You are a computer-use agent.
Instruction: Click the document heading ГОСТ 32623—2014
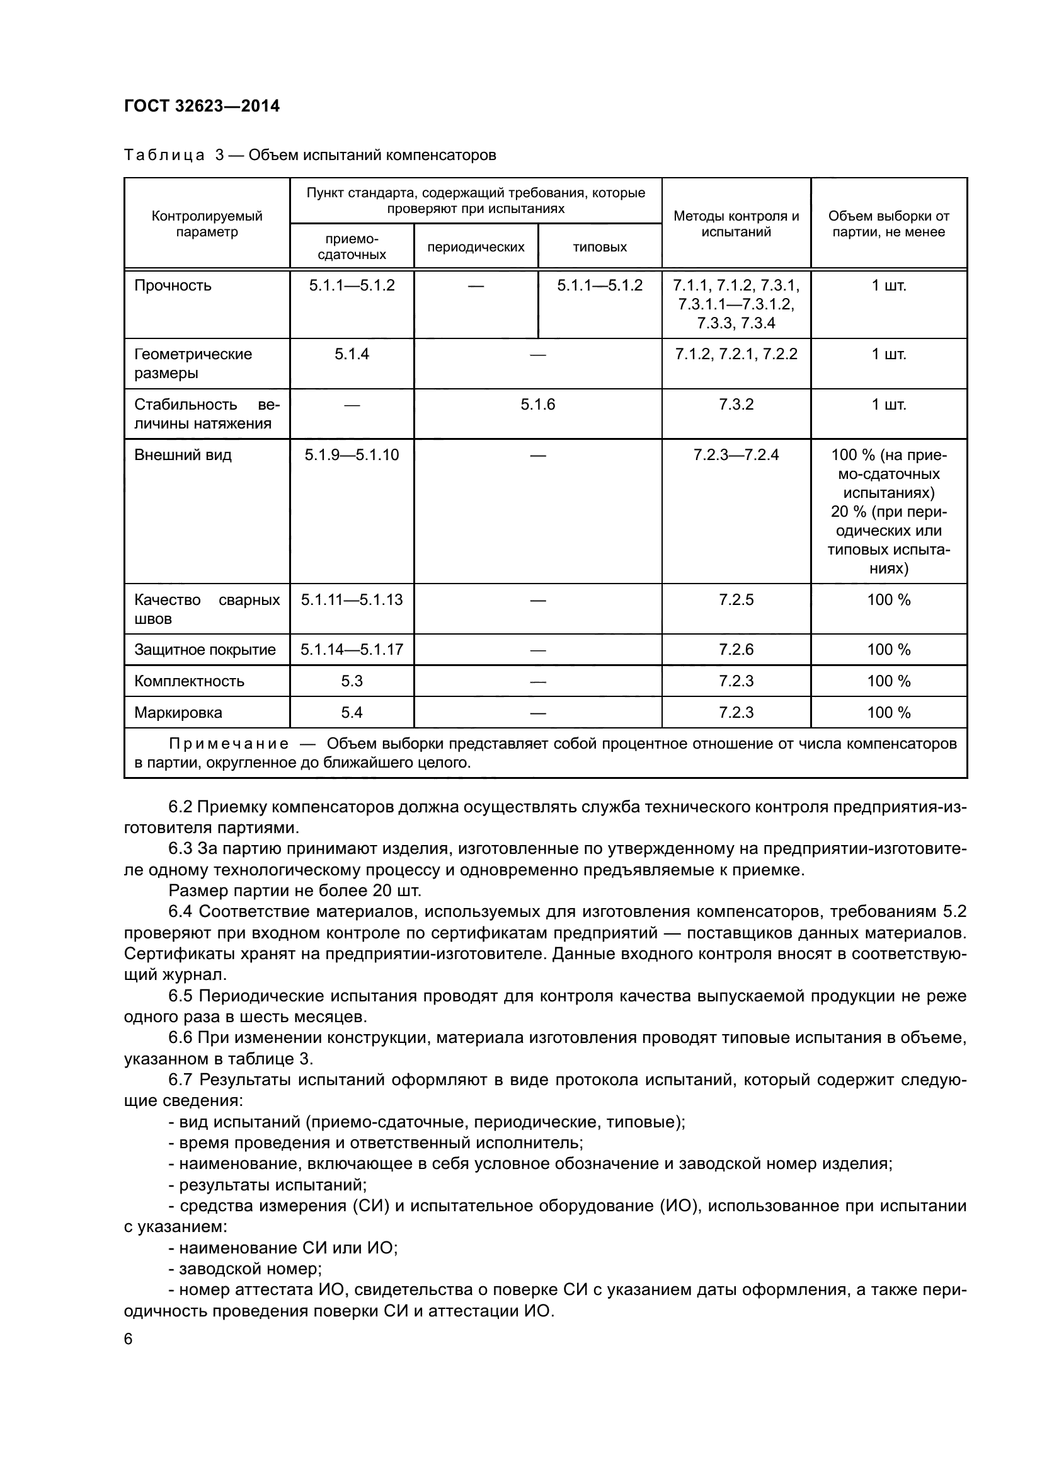coord(202,106)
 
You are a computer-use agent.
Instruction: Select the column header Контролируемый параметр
coord(207,224)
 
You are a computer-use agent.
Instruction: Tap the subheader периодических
coord(476,247)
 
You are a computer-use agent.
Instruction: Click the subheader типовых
coord(599,247)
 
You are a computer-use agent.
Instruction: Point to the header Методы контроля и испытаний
coord(736,224)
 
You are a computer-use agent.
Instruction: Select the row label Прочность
coord(173,285)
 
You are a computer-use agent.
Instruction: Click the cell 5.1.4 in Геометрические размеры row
coord(352,354)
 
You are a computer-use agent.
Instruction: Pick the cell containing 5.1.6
coord(537,405)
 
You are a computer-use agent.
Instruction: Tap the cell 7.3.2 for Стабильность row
coord(736,405)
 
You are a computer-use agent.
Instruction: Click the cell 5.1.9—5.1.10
coord(352,455)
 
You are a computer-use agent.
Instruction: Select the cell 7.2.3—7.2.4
coord(736,455)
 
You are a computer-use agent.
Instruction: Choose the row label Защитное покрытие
coord(205,650)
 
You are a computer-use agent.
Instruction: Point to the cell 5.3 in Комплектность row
coord(352,681)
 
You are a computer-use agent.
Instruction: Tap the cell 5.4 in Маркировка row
coord(352,713)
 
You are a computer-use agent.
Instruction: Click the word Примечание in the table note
coord(229,744)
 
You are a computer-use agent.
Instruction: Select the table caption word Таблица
coord(164,156)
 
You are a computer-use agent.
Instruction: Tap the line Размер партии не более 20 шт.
coord(294,890)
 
